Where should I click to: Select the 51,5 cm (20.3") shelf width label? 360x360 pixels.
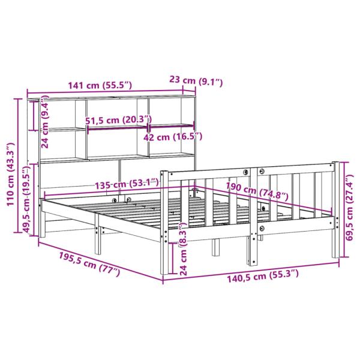[118, 120]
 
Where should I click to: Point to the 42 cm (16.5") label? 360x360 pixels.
[173, 137]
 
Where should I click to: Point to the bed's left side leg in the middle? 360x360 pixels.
[98, 240]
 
